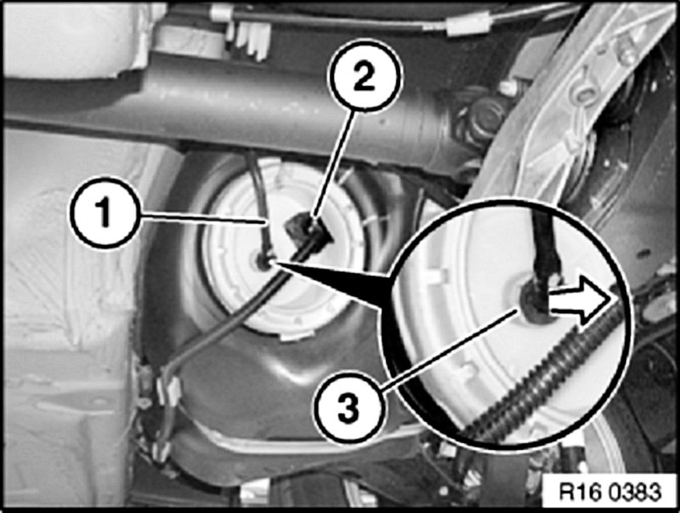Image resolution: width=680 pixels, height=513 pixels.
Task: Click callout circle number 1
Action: (x=103, y=212)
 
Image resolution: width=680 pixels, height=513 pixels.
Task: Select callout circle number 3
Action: (x=349, y=408)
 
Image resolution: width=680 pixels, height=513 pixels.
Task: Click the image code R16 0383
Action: (x=609, y=493)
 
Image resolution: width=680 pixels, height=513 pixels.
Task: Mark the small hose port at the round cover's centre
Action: (x=263, y=261)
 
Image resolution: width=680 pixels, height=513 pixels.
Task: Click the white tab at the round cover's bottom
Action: (x=297, y=334)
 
